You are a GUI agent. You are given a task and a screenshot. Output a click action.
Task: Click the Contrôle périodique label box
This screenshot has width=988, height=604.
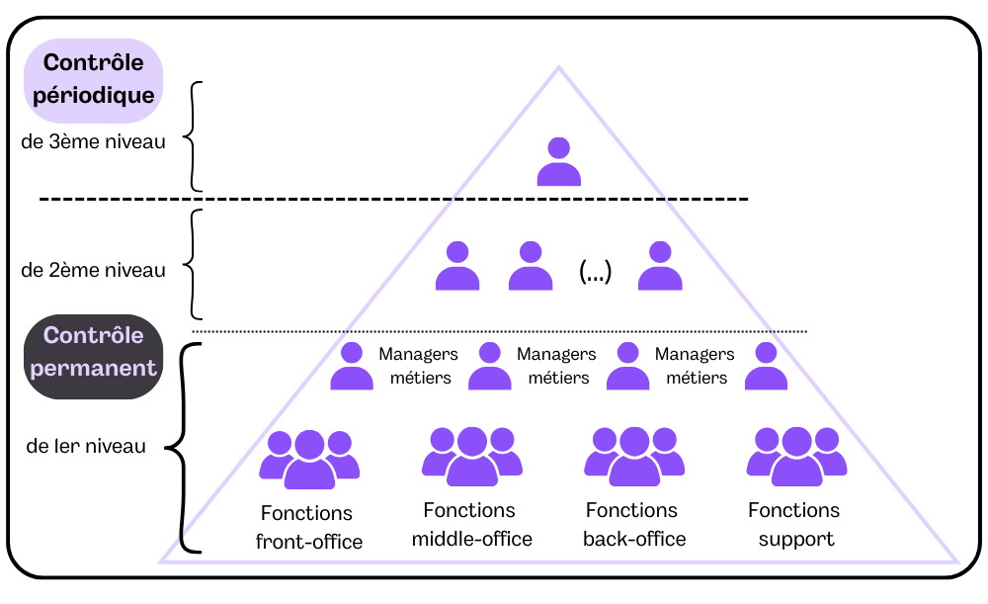tap(93, 80)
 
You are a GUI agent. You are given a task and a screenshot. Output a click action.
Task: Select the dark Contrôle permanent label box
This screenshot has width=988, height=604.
tap(93, 353)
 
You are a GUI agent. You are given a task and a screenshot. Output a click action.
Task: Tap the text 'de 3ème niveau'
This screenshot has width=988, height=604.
tap(93, 141)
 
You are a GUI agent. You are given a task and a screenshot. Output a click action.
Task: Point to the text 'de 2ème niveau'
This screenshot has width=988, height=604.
tap(93, 270)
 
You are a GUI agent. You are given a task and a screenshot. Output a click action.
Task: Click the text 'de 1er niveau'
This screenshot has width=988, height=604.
tap(86, 446)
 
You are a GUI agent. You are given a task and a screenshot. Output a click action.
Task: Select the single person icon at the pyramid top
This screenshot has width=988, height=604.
tap(558, 162)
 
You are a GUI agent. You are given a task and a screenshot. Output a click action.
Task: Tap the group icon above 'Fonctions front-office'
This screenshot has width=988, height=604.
tap(308, 460)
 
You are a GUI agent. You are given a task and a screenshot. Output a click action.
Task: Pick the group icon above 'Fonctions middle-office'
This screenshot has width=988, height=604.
tap(471, 457)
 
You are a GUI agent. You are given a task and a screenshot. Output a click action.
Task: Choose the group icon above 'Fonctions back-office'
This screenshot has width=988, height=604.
tap(633, 457)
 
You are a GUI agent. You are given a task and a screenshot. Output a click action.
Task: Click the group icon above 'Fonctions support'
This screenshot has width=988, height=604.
tap(795, 457)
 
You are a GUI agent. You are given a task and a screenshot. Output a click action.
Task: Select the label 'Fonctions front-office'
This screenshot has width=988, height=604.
tap(308, 528)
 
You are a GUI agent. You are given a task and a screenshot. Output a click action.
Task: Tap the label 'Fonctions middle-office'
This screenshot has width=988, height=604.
tap(471, 525)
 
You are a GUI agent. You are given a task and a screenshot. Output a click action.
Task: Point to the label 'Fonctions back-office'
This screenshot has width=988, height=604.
tap(633, 525)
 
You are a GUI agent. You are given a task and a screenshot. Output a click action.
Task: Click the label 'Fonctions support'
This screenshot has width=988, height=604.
tap(795, 525)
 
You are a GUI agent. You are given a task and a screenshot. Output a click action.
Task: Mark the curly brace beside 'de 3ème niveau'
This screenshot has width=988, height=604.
tap(195, 136)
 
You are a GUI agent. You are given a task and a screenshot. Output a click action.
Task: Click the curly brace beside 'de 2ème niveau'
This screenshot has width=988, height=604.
tap(195, 263)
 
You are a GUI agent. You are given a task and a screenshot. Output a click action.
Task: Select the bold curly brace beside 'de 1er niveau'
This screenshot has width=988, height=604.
tap(179, 448)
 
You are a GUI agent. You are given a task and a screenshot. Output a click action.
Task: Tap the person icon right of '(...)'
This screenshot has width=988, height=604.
tap(660, 266)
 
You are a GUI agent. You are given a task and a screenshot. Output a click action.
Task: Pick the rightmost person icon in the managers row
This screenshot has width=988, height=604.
tap(766, 367)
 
